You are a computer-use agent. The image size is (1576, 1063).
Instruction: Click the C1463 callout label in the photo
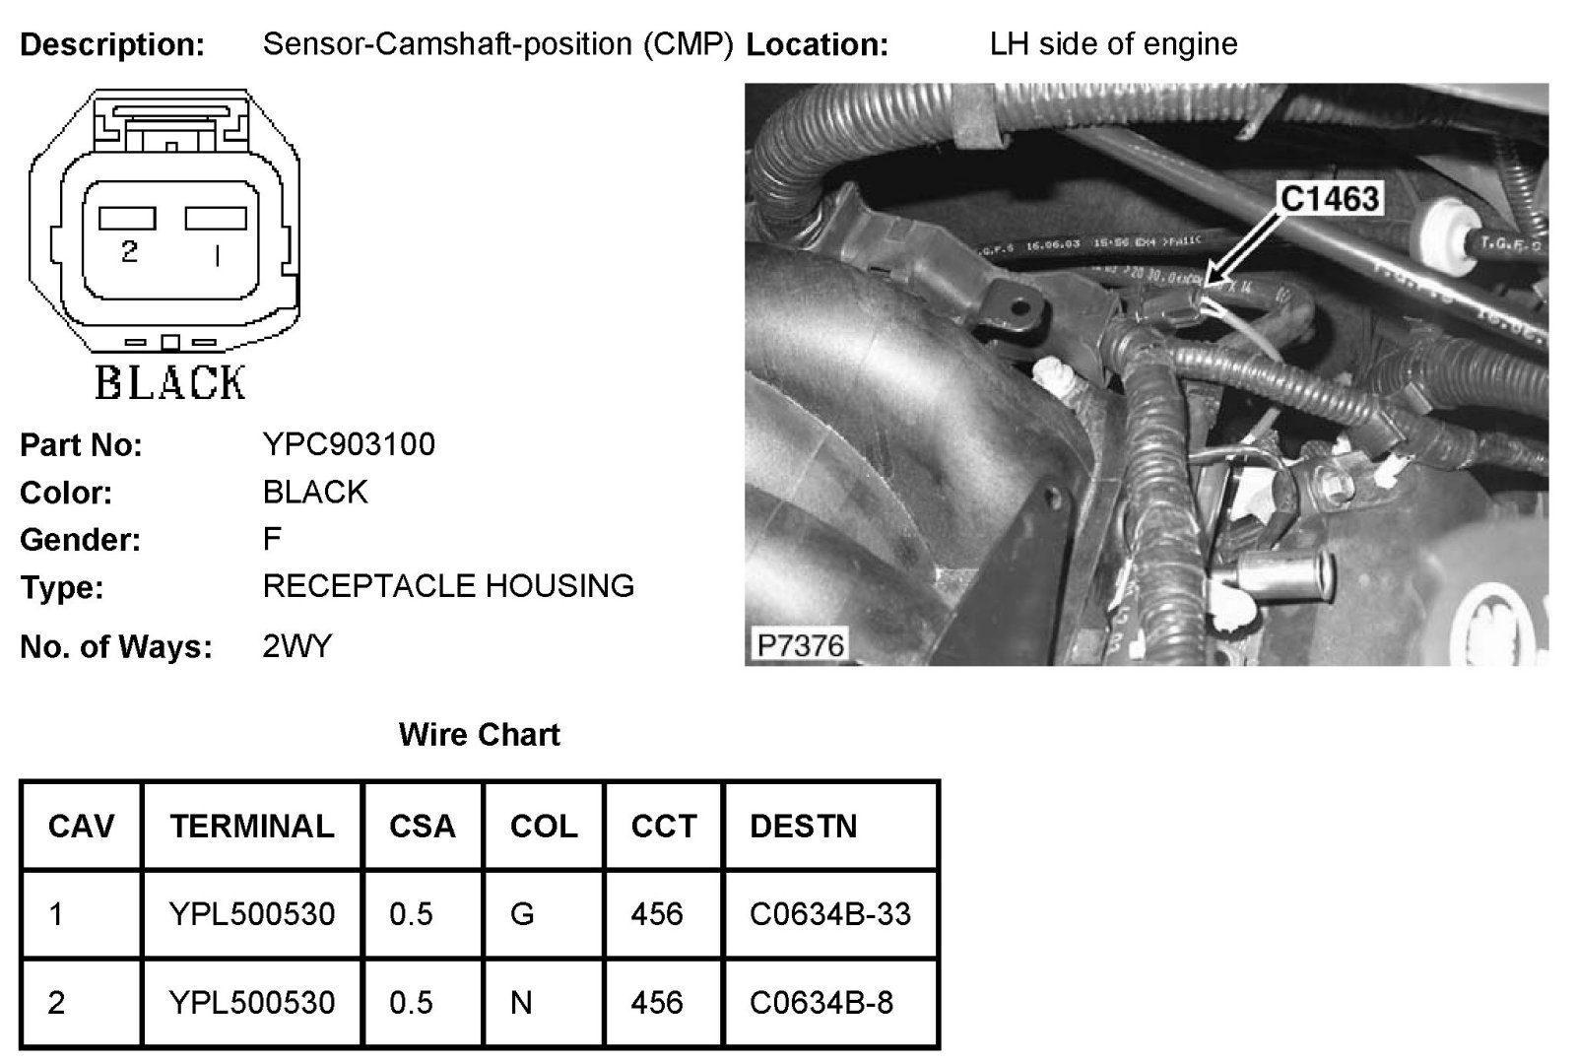coord(1330,199)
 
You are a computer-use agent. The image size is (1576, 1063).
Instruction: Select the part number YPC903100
coord(349,444)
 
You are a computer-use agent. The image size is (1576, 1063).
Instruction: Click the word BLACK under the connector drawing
coord(170,382)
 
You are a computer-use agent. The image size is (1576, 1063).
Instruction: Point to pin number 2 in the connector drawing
coord(129,252)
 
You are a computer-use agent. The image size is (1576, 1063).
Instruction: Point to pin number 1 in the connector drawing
coord(217,256)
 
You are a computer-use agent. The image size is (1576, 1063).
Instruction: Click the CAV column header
coord(81,826)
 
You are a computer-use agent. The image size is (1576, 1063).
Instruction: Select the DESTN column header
coord(803,826)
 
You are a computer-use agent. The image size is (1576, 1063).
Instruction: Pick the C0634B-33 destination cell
coord(829,914)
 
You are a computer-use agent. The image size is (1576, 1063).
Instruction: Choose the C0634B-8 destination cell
coord(821,1003)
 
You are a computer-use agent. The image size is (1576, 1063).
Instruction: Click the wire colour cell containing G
coord(522,914)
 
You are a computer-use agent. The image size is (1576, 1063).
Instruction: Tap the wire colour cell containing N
coord(521,1003)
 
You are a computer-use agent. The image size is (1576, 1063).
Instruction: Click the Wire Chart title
coord(479,735)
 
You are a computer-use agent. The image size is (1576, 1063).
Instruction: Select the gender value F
coord(272,539)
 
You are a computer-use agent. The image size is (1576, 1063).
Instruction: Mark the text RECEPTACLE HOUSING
coord(448,586)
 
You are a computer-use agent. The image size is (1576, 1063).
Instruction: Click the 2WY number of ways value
coord(297,646)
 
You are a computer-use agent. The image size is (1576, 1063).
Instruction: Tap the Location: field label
coord(817,45)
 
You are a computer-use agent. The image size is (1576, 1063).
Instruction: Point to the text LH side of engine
coord(1113,44)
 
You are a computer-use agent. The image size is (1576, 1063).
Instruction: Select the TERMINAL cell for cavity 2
coord(252,1003)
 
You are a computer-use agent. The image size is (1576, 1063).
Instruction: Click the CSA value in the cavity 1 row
coord(411,914)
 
